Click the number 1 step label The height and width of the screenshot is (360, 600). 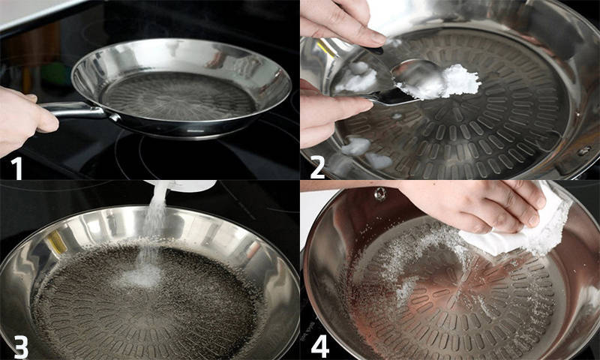[x=16, y=167]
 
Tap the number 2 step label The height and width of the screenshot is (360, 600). [x=317, y=167]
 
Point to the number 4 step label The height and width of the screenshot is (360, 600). [x=320, y=346]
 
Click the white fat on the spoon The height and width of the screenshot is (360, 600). [x=444, y=82]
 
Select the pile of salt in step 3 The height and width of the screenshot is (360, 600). [x=141, y=276]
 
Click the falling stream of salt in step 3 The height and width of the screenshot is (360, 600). [x=153, y=226]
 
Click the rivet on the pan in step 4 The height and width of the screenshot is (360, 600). [x=379, y=194]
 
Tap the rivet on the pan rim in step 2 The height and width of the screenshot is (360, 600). [x=584, y=150]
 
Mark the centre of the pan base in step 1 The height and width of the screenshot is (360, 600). [x=178, y=97]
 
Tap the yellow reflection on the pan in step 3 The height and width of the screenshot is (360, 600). [x=57, y=241]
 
